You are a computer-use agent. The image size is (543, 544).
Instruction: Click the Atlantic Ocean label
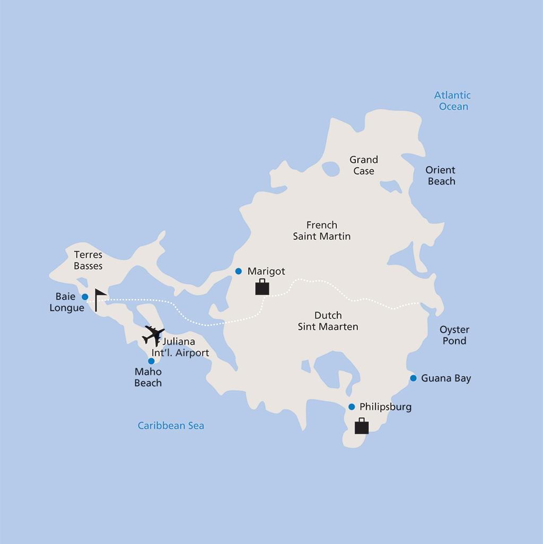pos(452,101)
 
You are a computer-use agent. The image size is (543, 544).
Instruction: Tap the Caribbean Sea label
pos(171,426)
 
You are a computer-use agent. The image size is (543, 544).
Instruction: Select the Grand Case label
pos(364,165)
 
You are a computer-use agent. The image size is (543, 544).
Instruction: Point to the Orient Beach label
pos(441,176)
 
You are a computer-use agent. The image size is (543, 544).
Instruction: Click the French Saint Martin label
pos(322,230)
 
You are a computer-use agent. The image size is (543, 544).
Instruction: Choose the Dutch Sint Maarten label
pos(328,321)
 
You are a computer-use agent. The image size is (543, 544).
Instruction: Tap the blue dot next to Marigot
pos(239,271)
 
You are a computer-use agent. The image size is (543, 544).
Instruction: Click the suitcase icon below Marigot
pos(262,288)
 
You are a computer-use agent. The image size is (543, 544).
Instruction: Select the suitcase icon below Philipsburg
pos(362,426)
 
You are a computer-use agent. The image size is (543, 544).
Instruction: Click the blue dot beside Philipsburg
pos(351,407)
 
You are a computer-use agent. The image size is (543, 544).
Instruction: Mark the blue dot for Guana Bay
pos(413,378)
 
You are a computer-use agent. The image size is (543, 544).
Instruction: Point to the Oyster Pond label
pos(454,335)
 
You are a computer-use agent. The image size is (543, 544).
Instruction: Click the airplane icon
pos(153,335)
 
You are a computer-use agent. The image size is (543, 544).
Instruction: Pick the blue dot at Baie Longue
pos(85,297)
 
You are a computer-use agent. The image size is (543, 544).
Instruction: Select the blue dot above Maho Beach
pos(151,361)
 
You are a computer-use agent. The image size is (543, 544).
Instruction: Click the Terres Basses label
pos(88,260)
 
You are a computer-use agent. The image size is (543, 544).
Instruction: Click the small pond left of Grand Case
pos(331,169)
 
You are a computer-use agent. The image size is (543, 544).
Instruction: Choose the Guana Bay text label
pos(446,378)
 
